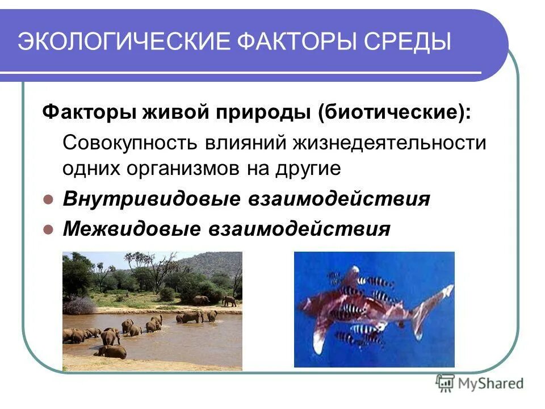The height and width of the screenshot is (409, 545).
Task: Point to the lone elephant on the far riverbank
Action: [x=229, y=301]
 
